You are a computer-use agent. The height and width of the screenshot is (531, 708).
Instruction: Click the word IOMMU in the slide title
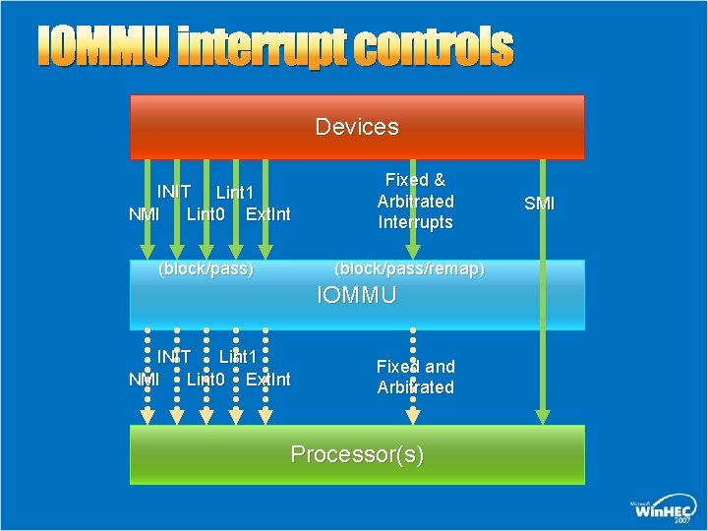click(104, 48)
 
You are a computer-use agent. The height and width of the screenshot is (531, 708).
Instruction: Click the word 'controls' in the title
click(433, 48)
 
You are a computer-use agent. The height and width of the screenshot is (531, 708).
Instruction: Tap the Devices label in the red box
click(357, 127)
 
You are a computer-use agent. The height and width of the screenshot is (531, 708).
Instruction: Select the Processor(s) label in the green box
click(357, 454)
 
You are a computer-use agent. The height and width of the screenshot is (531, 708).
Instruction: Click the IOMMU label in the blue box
click(357, 295)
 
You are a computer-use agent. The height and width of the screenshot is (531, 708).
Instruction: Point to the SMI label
click(539, 204)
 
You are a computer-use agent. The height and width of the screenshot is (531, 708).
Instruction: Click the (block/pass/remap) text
click(409, 268)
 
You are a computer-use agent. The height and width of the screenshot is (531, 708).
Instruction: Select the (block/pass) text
click(206, 268)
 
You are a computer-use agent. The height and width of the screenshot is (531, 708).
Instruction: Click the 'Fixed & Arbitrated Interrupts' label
click(415, 201)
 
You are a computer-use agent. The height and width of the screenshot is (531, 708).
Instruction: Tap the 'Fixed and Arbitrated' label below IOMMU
click(415, 377)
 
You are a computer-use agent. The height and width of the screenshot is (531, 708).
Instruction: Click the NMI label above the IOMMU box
click(145, 213)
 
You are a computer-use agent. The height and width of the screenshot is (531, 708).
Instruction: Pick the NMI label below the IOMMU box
click(145, 379)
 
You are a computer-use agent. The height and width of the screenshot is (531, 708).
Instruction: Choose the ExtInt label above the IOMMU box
click(267, 213)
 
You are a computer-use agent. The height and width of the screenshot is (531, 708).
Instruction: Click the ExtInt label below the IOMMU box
click(267, 379)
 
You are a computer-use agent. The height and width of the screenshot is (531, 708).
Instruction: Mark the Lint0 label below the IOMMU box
click(206, 379)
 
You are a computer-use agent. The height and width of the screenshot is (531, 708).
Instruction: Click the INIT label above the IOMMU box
click(174, 191)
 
